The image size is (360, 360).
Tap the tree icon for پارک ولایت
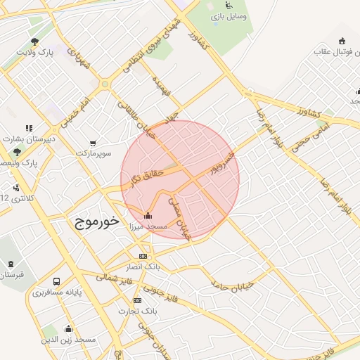point(35,41)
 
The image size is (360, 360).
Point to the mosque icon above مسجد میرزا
point(147,215)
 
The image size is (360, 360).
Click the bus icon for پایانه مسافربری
point(56,281)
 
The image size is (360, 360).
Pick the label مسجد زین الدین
point(68,340)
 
